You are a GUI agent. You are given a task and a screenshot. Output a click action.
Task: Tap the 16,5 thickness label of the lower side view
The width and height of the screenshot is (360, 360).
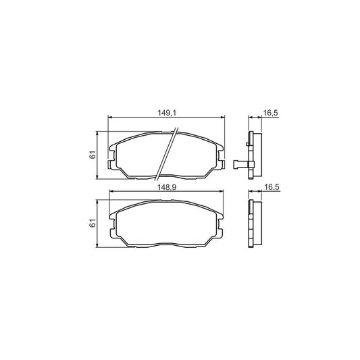270,186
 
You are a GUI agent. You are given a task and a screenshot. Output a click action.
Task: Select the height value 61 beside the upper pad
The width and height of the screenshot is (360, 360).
93,155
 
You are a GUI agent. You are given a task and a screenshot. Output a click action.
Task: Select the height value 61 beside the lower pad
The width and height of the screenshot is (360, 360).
93,222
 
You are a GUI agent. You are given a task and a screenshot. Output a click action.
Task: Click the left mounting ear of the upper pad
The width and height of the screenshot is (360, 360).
112,159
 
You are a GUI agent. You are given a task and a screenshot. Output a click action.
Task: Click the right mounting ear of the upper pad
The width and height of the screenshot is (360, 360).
222,159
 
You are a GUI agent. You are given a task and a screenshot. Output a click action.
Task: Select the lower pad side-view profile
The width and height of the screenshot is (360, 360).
254,223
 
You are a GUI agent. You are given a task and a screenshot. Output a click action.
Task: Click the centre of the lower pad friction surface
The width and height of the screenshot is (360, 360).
167,224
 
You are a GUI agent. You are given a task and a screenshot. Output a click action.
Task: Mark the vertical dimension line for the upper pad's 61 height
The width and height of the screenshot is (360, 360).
100,155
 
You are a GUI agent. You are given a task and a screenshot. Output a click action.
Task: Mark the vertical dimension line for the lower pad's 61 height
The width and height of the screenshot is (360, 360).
100,223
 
